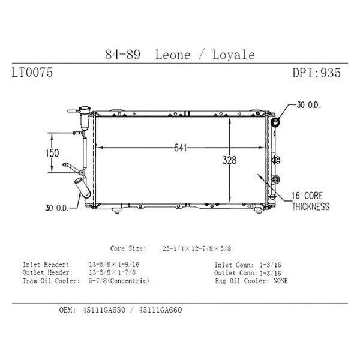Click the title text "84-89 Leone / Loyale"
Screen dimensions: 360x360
[179, 55]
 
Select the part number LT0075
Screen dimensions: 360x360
[32, 74]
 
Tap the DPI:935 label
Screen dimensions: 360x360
[316, 74]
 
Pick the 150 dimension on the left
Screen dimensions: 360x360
[52, 153]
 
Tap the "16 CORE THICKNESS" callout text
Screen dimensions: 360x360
[311, 202]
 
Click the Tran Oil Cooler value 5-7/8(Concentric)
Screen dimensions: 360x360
[118, 280]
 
